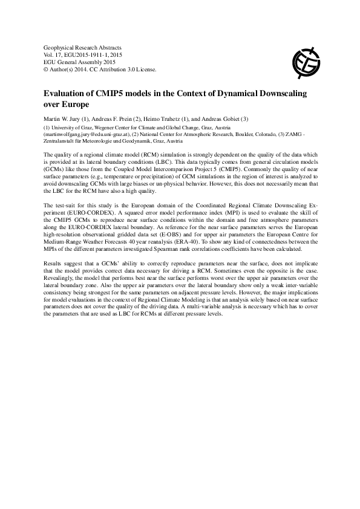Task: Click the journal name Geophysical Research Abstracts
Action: tap(83, 47)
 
